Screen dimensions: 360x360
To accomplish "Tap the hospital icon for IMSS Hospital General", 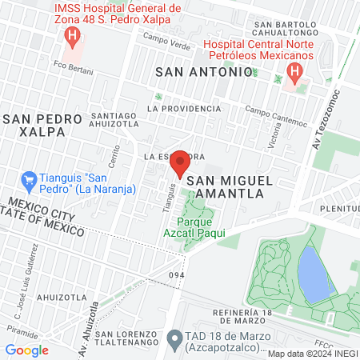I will (x=74, y=36).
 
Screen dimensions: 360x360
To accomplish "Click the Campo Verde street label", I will (x=165, y=38).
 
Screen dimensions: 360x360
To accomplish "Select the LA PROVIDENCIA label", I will (x=184, y=108).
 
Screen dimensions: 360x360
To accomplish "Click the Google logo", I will (x=27, y=350).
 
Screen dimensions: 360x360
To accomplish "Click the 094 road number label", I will (x=177, y=275).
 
